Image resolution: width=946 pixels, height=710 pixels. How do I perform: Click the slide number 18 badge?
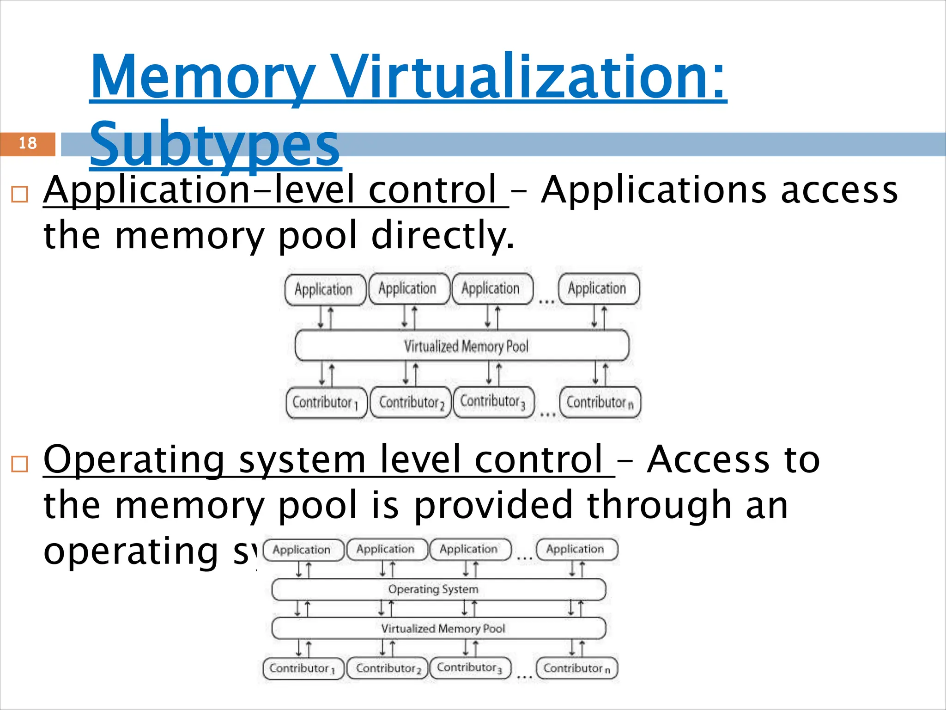coord(28,144)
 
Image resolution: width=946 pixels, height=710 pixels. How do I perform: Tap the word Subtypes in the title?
coord(215,144)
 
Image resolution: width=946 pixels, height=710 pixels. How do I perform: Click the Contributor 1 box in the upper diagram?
coord(326,403)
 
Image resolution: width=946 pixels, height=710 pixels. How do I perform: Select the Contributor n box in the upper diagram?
coord(600,403)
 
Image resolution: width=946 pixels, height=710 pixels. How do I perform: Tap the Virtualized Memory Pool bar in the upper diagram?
coord(462,346)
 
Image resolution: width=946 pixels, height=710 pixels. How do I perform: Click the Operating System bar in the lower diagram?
coord(439,589)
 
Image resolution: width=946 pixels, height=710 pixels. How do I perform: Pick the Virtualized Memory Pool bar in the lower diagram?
coord(439,629)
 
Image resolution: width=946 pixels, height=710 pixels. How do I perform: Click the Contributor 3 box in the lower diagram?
coord(470,668)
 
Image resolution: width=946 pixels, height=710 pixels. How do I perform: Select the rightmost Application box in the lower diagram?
coord(576,550)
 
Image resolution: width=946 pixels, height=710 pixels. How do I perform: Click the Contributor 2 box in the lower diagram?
coord(387,668)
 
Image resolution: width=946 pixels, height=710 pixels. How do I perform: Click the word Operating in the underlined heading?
coord(134,459)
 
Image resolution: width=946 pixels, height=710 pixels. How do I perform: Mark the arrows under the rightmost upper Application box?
coord(600,317)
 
